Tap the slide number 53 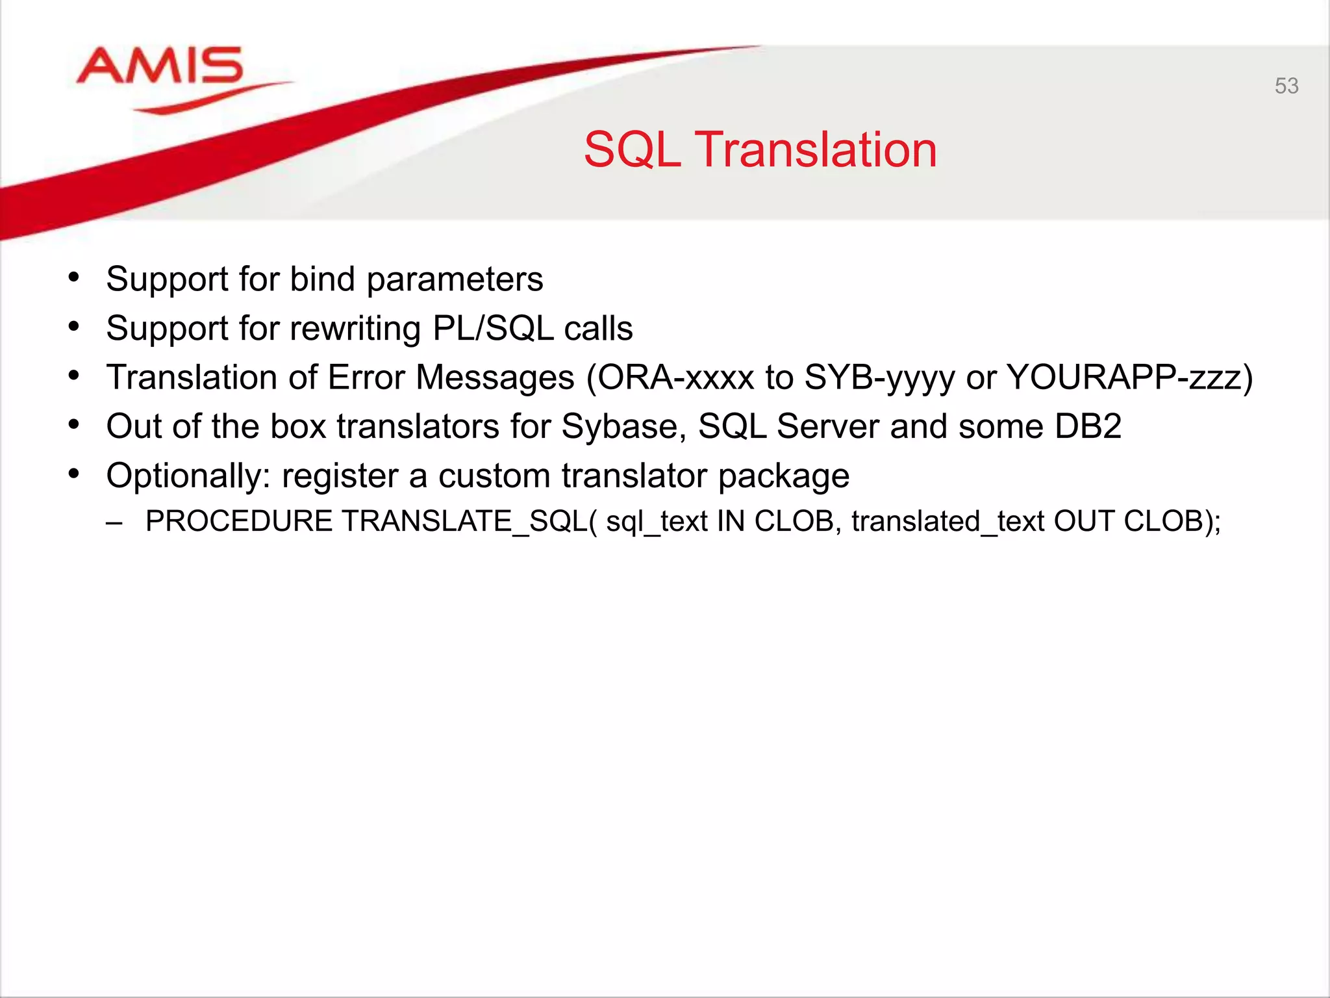[1286, 86]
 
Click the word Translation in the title [816, 150]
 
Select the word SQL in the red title [632, 150]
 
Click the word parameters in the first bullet [455, 280]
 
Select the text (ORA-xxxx [670, 377]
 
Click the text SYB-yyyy [879, 377]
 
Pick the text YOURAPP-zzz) [1129, 377]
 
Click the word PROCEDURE [238, 521]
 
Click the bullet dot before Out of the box [74, 426]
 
